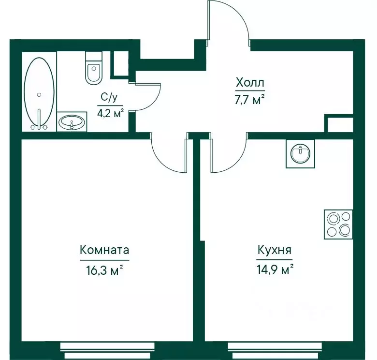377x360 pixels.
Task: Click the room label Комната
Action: click(x=104, y=250)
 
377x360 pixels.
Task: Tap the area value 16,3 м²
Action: click(x=104, y=270)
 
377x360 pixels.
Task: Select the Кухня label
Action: click(x=275, y=250)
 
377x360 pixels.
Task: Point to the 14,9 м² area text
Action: click(x=275, y=270)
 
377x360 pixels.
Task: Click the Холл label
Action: click(x=250, y=83)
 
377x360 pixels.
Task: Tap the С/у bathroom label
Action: click(x=109, y=97)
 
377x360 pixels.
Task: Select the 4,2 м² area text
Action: click(x=110, y=113)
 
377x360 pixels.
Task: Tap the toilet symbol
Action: click(x=94, y=68)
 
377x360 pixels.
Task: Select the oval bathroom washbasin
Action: click(x=72, y=122)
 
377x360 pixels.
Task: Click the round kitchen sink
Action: click(x=300, y=153)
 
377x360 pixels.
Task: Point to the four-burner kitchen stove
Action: click(x=338, y=225)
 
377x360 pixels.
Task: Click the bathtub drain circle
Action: click(x=39, y=95)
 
